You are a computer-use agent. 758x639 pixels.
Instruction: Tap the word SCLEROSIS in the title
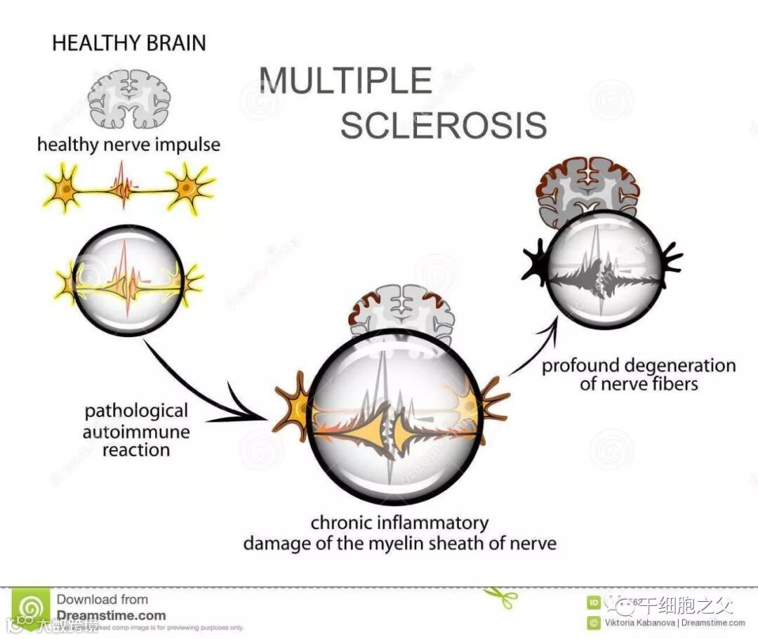point(444,124)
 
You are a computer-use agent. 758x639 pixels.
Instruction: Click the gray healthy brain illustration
point(129,98)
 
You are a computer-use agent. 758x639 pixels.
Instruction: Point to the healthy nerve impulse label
point(128,145)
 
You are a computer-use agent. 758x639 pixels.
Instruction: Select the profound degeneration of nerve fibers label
point(639,374)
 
